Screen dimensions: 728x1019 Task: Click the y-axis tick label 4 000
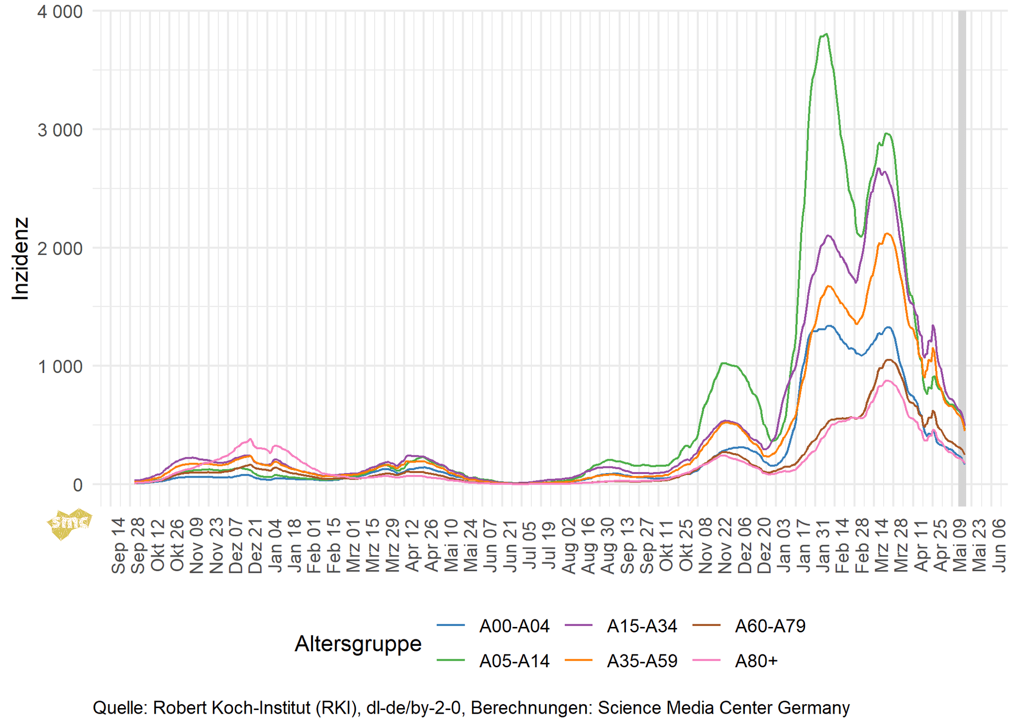click(60, 12)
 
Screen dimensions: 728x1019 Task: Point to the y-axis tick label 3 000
click(60, 130)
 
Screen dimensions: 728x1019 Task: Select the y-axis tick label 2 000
click(60, 248)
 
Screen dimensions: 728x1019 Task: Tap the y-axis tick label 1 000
click(60, 367)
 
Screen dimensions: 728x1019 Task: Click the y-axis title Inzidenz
click(20, 258)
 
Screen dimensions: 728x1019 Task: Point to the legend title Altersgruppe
click(358, 643)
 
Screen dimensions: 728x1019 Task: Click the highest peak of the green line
click(826, 34)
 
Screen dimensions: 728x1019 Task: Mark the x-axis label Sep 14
click(118, 546)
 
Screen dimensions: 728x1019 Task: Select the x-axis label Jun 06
click(999, 546)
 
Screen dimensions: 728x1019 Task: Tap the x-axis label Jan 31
click(823, 546)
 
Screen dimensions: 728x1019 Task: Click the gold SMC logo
click(70, 523)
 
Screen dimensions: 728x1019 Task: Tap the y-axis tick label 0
click(78, 485)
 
